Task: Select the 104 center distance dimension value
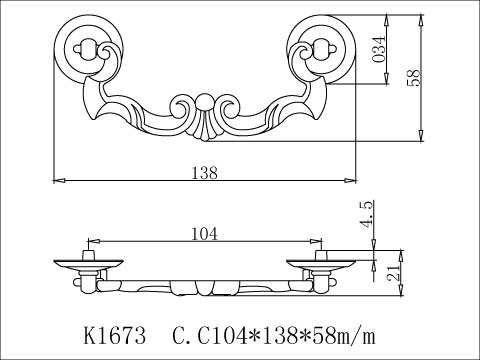[204, 234]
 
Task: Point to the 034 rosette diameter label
[380, 47]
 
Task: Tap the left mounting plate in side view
[89, 265]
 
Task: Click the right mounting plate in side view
[321, 265]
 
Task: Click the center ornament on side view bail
[205, 290]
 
